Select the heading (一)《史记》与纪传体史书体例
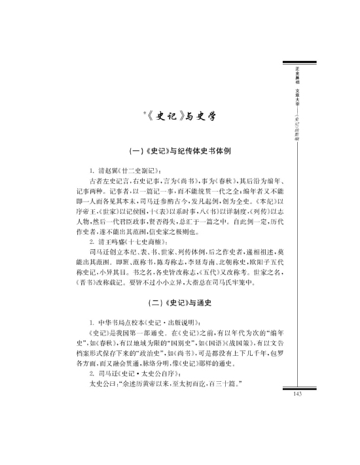[181, 150]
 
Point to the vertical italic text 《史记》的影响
[297, 121]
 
